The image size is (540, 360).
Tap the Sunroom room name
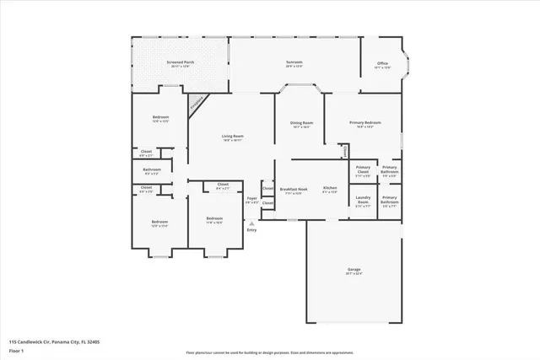tap(294, 62)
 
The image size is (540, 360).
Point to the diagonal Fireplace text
tap(197, 104)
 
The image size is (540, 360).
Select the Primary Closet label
tap(363, 169)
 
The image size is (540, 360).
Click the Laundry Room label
tap(363, 201)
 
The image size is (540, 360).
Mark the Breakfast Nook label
tap(294, 189)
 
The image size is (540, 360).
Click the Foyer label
tap(251, 201)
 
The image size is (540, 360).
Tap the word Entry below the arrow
tap(251, 230)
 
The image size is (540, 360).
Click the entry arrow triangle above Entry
tap(251, 223)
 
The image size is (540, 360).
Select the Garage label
tap(353, 270)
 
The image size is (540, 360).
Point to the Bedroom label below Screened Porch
tap(160, 117)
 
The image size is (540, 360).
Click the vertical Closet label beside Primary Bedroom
tap(344, 151)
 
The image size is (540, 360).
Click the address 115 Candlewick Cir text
tap(54, 341)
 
